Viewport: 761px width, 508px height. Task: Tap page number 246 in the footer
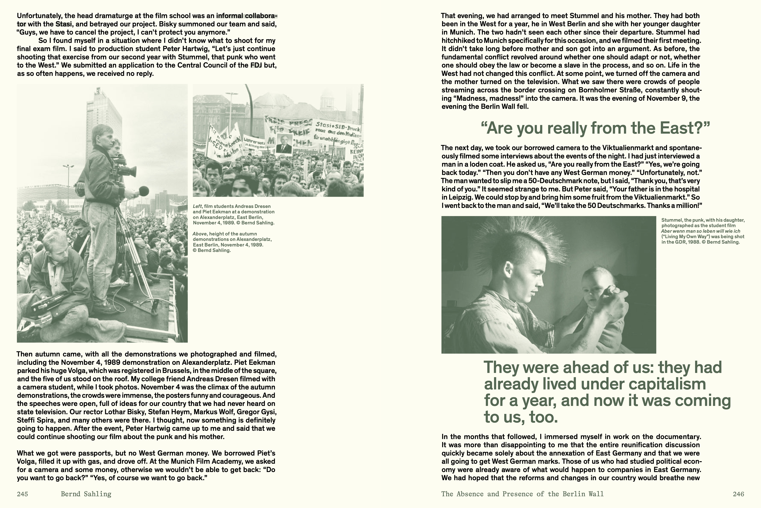[x=738, y=494]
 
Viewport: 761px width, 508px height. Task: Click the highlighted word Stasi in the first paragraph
[x=63, y=24]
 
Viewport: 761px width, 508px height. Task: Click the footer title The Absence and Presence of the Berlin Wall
[x=522, y=494]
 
